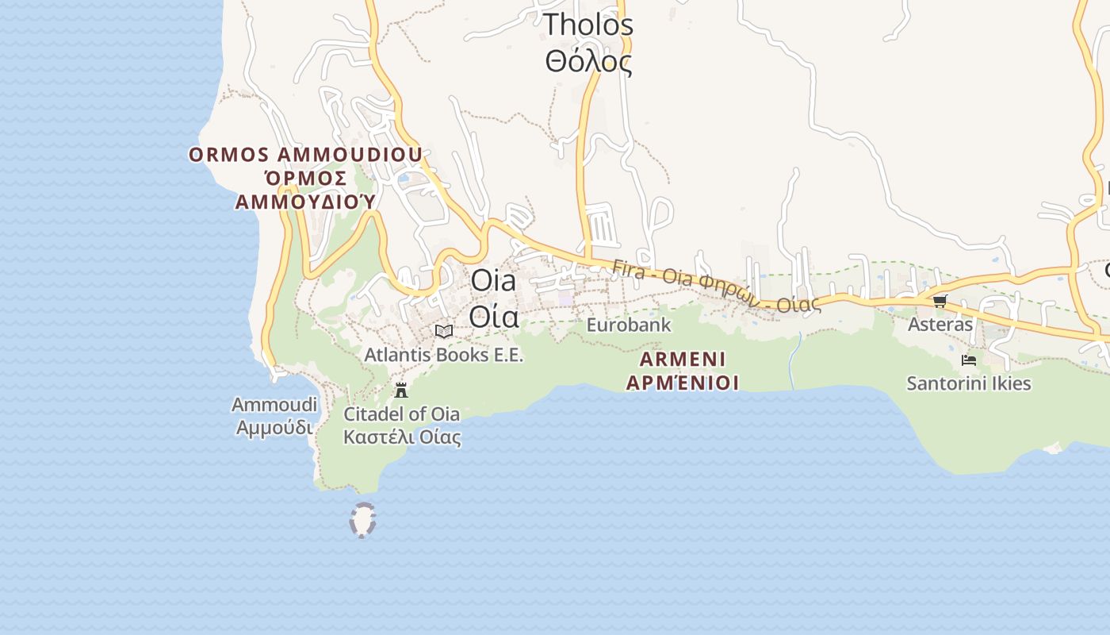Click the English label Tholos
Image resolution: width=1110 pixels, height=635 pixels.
tap(588, 25)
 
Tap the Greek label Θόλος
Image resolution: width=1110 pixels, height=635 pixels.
tap(588, 60)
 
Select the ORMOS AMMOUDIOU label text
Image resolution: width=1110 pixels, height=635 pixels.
tap(305, 155)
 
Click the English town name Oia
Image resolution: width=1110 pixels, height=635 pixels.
tap(493, 280)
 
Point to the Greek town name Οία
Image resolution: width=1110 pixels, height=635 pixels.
tap(493, 316)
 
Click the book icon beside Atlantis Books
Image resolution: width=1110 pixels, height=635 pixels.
tap(444, 331)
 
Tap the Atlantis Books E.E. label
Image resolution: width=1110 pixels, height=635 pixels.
tap(444, 355)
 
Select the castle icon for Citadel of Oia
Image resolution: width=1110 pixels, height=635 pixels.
tap(401, 390)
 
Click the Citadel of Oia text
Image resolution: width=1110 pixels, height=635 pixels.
tap(401, 414)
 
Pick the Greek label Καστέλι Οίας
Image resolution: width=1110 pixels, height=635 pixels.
tap(401, 437)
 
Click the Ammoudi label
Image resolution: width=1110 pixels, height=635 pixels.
tap(274, 405)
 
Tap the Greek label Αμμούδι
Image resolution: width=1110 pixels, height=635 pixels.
tap(274, 428)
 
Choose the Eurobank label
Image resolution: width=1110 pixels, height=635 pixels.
tap(629, 325)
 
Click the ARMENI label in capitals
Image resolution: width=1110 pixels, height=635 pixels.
tap(683, 360)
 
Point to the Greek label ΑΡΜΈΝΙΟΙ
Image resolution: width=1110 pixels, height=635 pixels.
tap(683, 383)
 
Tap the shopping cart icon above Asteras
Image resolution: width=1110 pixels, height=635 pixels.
tap(940, 301)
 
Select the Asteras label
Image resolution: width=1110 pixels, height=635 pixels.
tap(940, 325)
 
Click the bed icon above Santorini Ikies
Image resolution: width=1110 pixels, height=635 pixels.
tap(969, 360)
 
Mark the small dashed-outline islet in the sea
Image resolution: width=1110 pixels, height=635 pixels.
tap(362, 520)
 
